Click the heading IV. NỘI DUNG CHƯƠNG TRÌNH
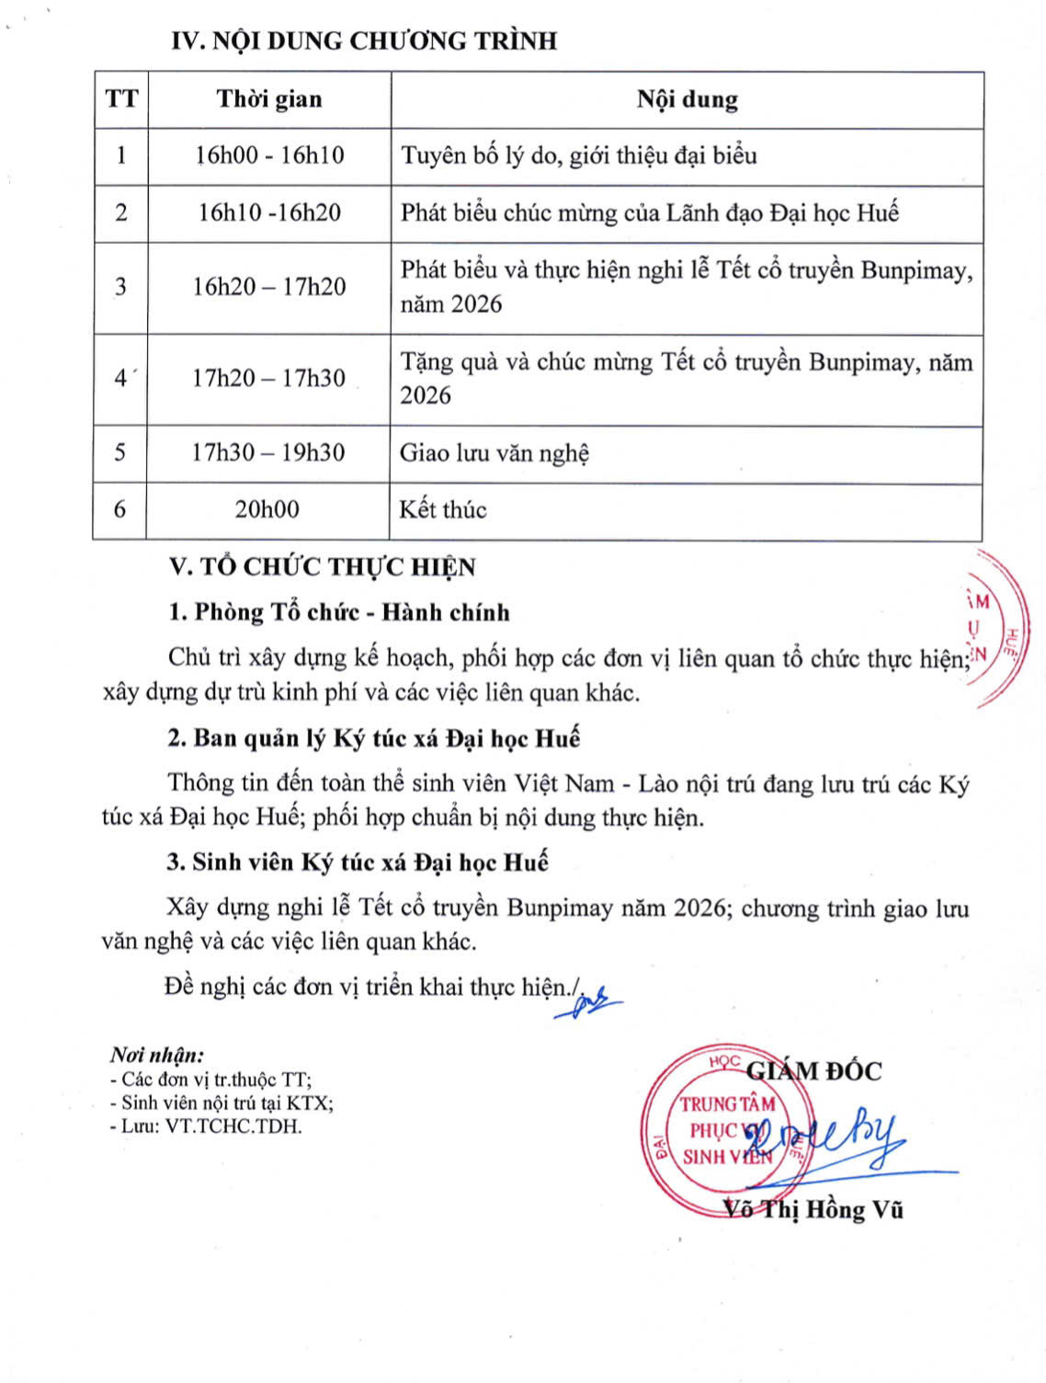364,41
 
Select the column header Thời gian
269,99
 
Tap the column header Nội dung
687,99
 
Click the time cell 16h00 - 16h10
269,155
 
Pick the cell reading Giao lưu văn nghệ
495,453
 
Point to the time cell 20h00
267,509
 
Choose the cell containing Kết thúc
443,510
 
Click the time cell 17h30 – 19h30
268,452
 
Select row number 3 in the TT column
120,287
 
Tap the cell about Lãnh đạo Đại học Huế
649,213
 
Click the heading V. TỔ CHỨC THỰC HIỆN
322,566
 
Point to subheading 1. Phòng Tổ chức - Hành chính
338,612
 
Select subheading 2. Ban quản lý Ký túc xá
373,738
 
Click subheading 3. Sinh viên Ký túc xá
357,863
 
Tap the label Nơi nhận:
157,1055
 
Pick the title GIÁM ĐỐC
813,1071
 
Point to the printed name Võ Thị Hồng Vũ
813,1209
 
